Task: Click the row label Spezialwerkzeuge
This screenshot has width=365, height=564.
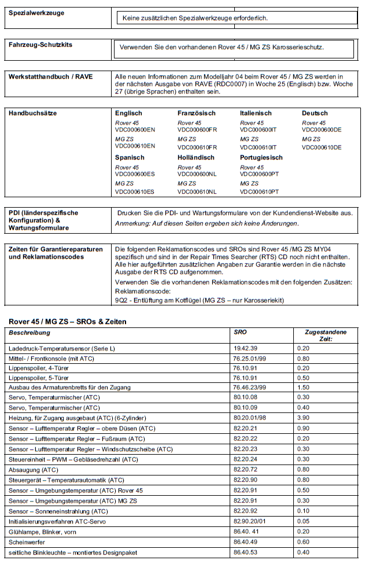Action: pyautogui.click(x=36, y=13)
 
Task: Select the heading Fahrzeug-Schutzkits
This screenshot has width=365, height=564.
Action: pyautogui.click(x=40, y=45)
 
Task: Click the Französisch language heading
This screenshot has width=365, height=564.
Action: pyautogui.click(x=197, y=113)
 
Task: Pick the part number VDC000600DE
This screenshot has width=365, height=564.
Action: pyautogui.click(x=322, y=130)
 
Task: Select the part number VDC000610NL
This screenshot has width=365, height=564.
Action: pyautogui.click(x=197, y=191)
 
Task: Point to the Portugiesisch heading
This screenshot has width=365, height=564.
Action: pyautogui.click(x=261, y=157)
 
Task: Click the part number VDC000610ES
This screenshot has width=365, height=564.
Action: pyautogui.click(x=135, y=191)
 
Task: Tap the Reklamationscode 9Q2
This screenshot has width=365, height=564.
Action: pyautogui.click(x=121, y=300)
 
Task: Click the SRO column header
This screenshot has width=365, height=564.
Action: pyautogui.click(x=240, y=333)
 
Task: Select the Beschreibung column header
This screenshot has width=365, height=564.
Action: pyautogui.click(x=30, y=333)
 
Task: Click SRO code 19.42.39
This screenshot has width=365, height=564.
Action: pyautogui.click(x=246, y=348)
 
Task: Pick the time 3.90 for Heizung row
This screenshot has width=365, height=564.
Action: pyautogui.click(x=304, y=418)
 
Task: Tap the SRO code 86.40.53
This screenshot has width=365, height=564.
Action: pyautogui.click(x=246, y=553)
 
